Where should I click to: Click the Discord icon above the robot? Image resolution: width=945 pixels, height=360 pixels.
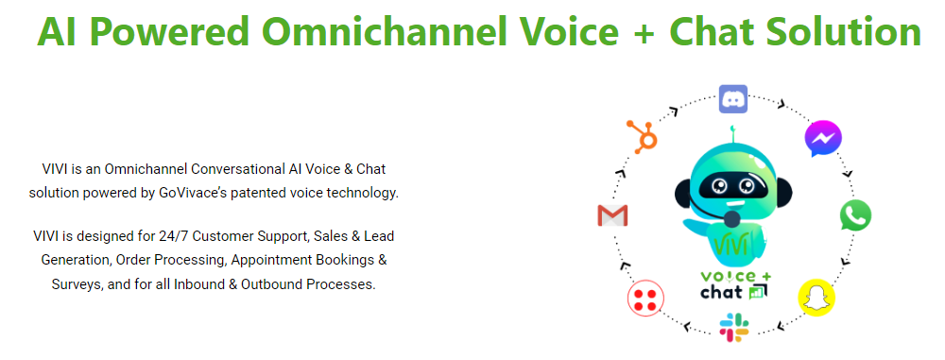[733, 98]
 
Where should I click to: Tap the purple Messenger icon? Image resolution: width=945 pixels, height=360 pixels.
[823, 139]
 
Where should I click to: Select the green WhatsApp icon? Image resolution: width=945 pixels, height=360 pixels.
[855, 215]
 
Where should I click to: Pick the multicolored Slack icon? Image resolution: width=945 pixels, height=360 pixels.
[733, 327]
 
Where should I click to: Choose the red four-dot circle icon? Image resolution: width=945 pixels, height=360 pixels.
[645, 300]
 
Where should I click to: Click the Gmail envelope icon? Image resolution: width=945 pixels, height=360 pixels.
[612, 215]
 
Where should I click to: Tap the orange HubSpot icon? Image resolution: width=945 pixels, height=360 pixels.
[644, 137]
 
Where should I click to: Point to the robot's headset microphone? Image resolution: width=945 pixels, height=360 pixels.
[730, 220]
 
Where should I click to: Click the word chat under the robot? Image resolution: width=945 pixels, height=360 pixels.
[721, 293]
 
